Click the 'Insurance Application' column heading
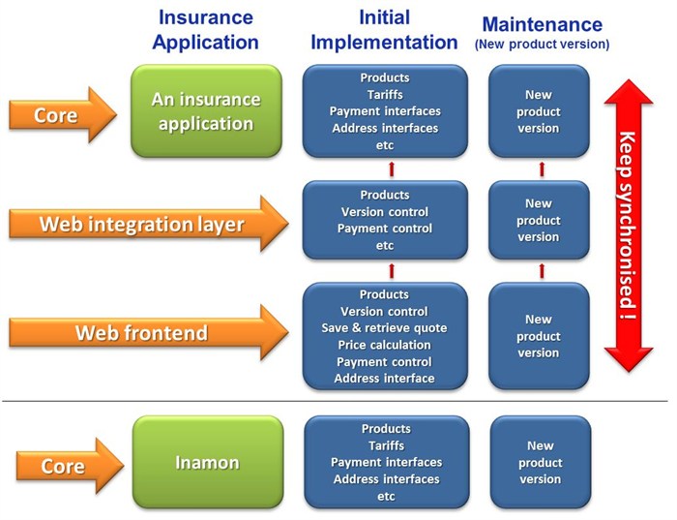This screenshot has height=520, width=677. tap(208, 31)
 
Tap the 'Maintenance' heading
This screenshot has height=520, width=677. tap(542, 24)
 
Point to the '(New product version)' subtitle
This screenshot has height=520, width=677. tap(542, 44)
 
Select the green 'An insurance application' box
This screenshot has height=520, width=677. tap(206, 111)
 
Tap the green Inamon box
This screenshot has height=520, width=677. tap(207, 463)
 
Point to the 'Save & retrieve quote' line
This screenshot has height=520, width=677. tap(384, 328)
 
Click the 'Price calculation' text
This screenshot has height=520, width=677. tap(384, 345)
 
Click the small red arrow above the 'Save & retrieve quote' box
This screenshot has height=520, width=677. tap(392, 270)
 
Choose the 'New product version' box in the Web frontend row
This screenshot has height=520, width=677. tap(540, 336)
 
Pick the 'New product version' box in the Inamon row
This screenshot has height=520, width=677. tap(540, 463)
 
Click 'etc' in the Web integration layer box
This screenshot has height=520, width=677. tap(384, 246)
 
